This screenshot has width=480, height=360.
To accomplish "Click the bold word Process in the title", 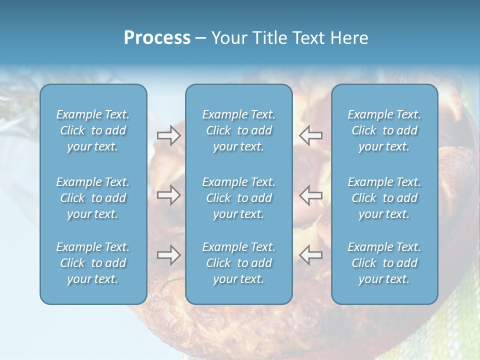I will pyautogui.click(x=157, y=38).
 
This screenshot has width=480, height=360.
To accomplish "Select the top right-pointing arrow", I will pyautogui.click(x=169, y=135).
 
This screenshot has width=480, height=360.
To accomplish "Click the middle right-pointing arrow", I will pyautogui.click(x=169, y=195).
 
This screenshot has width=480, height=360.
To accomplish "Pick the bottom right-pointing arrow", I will pyautogui.click(x=169, y=255).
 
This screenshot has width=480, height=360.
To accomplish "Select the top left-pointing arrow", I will pyautogui.click(x=310, y=135).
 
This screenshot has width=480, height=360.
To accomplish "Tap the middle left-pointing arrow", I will pyautogui.click(x=310, y=195).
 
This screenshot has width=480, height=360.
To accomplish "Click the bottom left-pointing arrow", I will pyautogui.click(x=310, y=255).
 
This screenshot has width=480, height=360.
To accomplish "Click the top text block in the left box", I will pyautogui.click(x=93, y=130).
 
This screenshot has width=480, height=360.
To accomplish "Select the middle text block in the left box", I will pyautogui.click(x=93, y=198).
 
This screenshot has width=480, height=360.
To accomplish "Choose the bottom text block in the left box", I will pyautogui.click(x=93, y=263).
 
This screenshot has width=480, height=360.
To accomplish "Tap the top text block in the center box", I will pyautogui.click(x=238, y=130).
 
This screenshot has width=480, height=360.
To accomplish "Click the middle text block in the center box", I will pyautogui.click(x=238, y=198).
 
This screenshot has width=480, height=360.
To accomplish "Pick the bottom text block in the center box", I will pyautogui.click(x=238, y=263).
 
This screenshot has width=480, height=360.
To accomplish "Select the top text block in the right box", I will pyautogui.click(x=384, y=130).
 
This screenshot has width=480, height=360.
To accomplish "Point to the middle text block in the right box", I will pyautogui.click(x=384, y=198).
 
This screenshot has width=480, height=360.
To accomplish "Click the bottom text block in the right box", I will pyautogui.click(x=384, y=263).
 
